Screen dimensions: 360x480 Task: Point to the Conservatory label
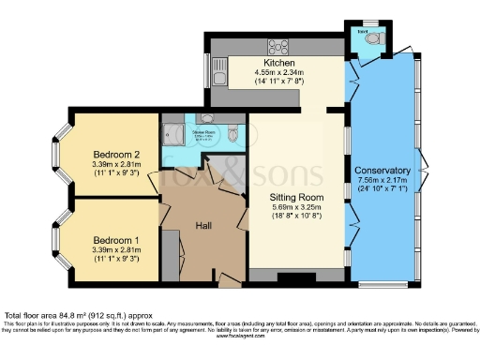coord(382,171)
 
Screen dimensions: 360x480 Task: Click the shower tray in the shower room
coord(173,132)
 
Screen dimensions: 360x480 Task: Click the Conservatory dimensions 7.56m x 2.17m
coord(382,182)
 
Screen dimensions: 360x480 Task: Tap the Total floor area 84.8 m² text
coord(75,315)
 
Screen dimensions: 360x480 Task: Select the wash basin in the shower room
coord(206,121)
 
